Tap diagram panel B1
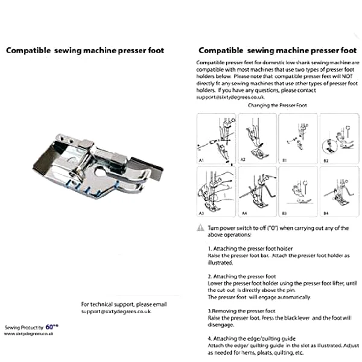297,138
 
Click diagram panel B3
297,191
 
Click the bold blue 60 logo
50,326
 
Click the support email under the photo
116,311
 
